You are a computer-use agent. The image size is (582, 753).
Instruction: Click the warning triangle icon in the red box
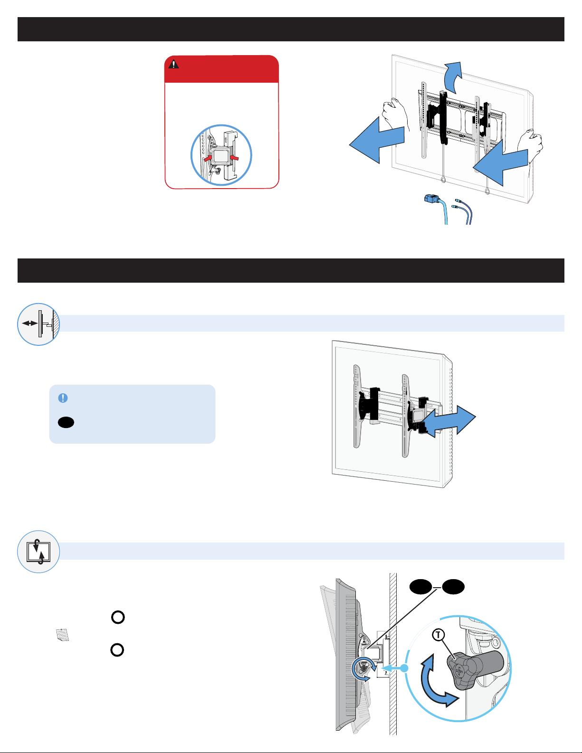point(173,64)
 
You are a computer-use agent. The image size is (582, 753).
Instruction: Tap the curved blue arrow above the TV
point(454,77)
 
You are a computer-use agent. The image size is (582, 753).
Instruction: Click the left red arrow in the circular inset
point(208,158)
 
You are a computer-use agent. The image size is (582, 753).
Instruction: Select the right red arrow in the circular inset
point(235,158)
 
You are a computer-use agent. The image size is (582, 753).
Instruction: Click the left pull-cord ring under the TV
point(443,180)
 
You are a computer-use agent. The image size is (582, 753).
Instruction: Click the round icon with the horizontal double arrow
point(38,324)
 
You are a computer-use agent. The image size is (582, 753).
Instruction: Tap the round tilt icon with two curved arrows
point(38,552)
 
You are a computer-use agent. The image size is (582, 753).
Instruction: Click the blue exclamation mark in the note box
point(63,398)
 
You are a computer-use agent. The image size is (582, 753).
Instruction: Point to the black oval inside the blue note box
point(66,422)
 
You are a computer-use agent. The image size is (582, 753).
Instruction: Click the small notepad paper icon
point(63,635)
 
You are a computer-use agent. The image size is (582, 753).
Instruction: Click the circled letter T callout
point(439,635)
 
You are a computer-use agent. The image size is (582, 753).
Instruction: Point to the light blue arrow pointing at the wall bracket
point(395,668)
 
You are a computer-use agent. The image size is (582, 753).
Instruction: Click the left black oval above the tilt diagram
point(420,587)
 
